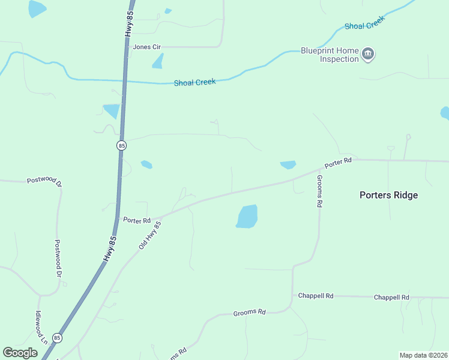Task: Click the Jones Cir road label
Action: (147, 47)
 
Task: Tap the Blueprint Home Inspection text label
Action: (330, 55)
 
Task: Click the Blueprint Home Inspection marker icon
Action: (369, 55)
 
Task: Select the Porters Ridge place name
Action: (388, 195)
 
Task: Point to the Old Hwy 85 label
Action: (150, 235)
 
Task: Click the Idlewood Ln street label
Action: (40, 327)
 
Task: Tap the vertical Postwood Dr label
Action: (58, 258)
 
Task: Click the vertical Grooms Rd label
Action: (320, 191)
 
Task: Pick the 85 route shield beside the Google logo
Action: (56, 337)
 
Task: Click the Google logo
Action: (20, 353)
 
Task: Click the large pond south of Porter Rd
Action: (247, 217)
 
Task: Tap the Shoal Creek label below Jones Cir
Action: (194, 82)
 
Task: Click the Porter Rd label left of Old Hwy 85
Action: (136, 220)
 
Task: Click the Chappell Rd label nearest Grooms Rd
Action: (316, 296)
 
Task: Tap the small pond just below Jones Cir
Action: (158, 61)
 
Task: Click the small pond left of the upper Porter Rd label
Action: (288, 164)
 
